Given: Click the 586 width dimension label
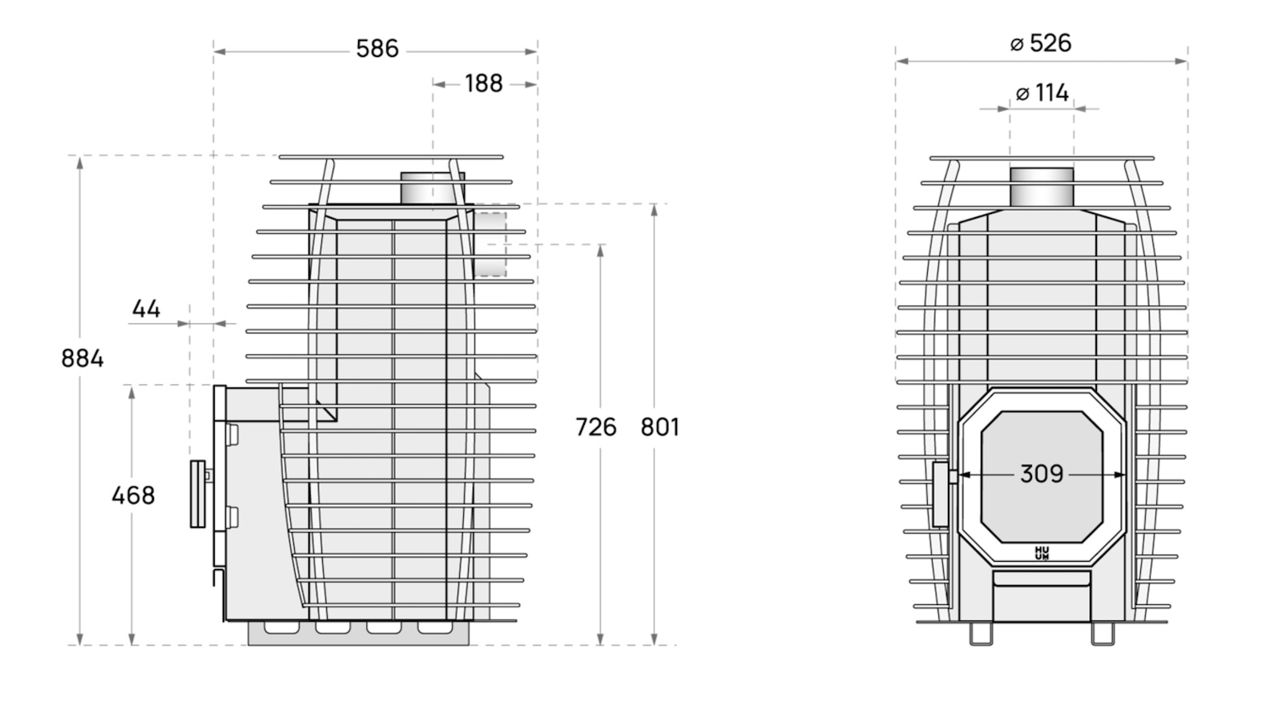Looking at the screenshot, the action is point(377,49).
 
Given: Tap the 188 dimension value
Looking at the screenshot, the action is point(484,83).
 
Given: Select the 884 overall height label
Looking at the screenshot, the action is point(83,358).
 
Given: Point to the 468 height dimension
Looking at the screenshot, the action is point(133,495).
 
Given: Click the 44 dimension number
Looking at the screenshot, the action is point(146,309).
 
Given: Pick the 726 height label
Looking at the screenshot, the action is point(596,427).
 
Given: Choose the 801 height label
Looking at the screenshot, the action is point(660,427).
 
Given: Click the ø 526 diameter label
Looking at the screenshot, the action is point(1041,43).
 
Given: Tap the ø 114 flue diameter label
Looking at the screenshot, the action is point(1042,93).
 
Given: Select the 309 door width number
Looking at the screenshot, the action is point(1042,474).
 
